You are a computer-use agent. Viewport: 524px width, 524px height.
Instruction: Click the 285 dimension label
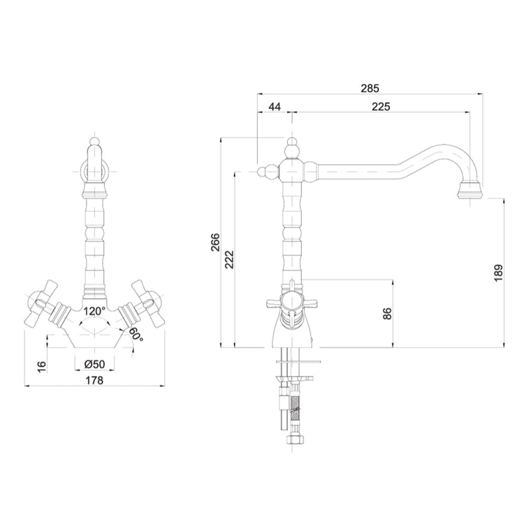(370, 88)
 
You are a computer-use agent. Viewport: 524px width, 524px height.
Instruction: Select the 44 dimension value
(275, 107)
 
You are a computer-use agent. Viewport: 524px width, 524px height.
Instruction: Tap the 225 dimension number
(381, 107)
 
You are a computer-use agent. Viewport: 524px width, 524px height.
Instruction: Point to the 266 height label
(216, 242)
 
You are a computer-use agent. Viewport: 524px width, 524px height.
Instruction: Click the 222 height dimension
(230, 259)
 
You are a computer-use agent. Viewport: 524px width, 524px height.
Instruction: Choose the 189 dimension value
(498, 273)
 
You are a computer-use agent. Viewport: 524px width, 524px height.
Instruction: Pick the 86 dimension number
(387, 314)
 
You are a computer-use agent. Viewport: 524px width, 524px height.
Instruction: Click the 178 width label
(95, 380)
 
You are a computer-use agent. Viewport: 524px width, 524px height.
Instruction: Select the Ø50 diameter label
(94, 364)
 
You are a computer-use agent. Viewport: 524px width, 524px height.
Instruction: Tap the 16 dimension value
(41, 367)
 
